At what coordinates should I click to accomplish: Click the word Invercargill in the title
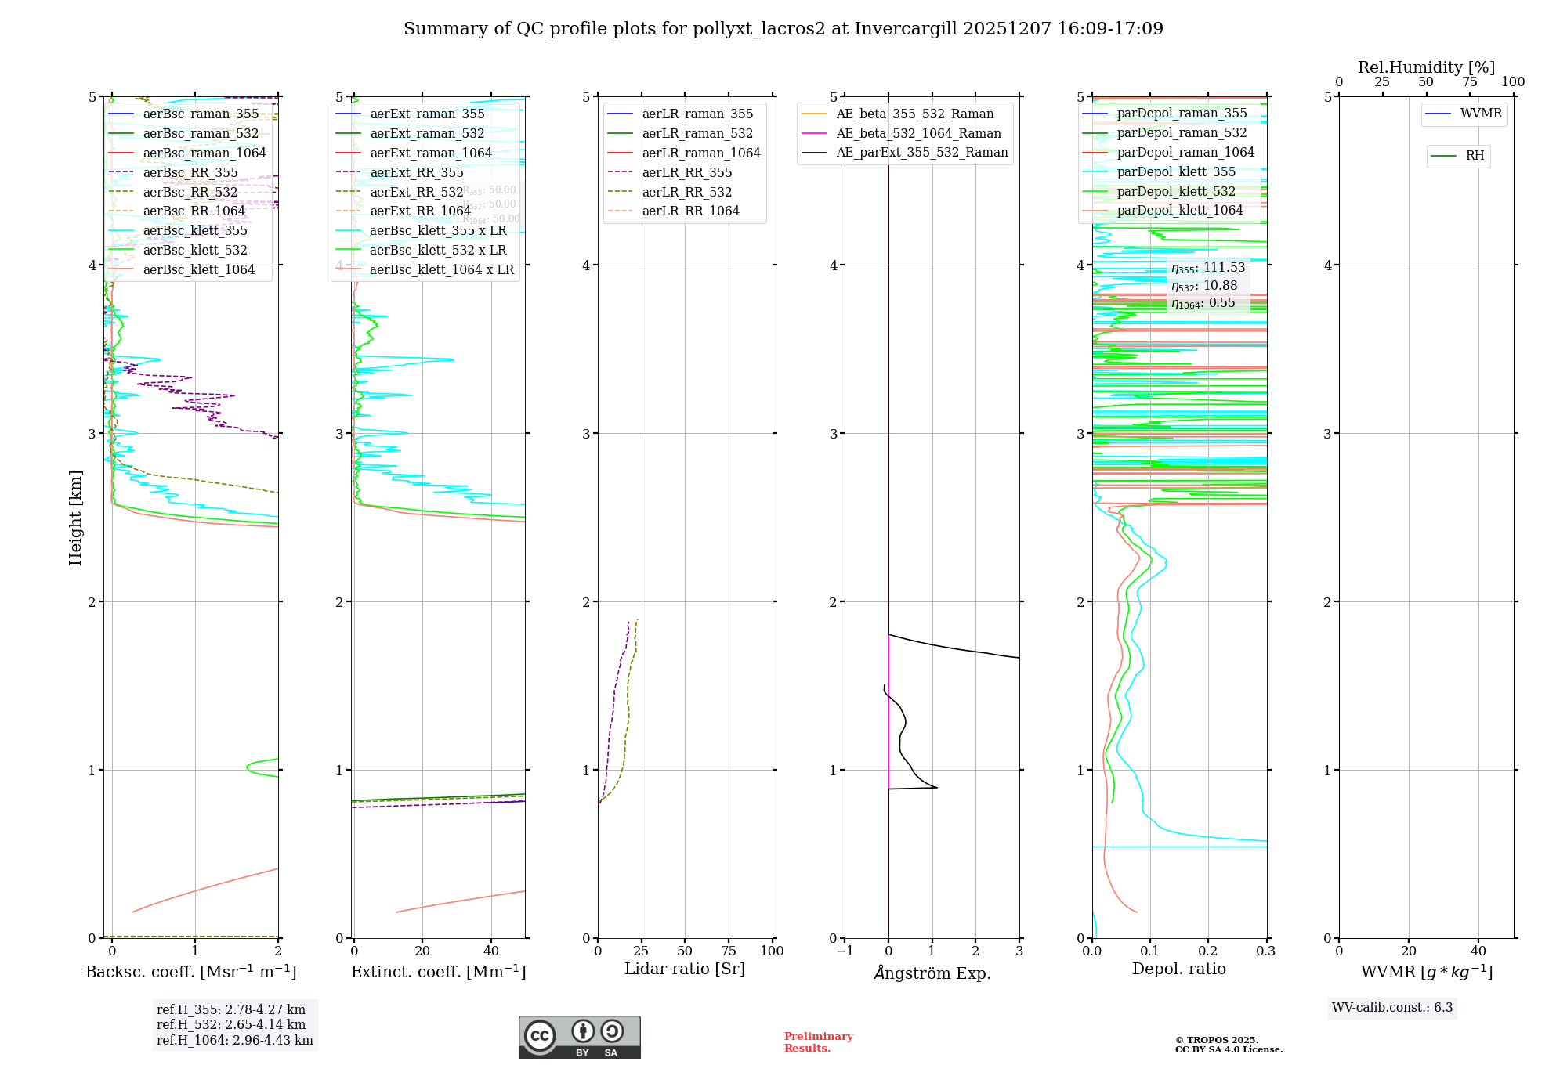[906, 29]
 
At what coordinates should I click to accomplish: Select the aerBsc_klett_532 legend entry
[195, 251]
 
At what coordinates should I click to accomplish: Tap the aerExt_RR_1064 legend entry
[421, 211]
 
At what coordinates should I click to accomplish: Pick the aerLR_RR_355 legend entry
[687, 173]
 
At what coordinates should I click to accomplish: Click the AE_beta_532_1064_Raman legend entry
[918, 134]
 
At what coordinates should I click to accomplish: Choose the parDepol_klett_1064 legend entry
[1180, 211]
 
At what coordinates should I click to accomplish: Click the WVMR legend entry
[1481, 114]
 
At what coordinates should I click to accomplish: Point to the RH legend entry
[1475, 156]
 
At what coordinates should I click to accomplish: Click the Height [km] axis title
[75, 517]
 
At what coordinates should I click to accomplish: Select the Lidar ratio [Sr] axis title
[685, 969]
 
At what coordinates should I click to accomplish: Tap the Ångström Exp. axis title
[932, 973]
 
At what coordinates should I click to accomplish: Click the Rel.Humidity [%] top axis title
[1426, 67]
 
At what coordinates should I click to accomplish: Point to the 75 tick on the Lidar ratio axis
[729, 951]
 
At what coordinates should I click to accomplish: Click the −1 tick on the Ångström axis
[845, 951]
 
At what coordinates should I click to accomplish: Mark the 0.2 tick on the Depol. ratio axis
[1208, 951]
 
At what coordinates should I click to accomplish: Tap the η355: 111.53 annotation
[1208, 268]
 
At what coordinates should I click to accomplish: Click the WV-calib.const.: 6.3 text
[1392, 1008]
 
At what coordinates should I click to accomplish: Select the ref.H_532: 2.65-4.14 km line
[231, 1024]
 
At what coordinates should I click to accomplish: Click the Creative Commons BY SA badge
[579, 1038]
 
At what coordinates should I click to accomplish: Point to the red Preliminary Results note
[818, 1042]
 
